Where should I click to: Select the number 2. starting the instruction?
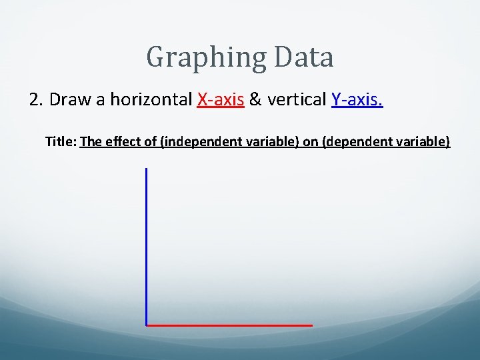tap(37, 100)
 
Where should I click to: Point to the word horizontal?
tap(151, 100)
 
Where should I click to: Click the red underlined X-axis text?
tap(221, 100)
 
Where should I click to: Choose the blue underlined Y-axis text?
tap(357, 100)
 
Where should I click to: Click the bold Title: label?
tap(61, 141)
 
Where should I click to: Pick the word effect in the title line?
tap(120, 141)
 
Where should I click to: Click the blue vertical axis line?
tap(146, 247)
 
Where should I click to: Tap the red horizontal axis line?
tap(229, 325)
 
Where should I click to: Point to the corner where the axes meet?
tap(146, 325)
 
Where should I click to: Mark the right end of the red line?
tap(311, 325)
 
